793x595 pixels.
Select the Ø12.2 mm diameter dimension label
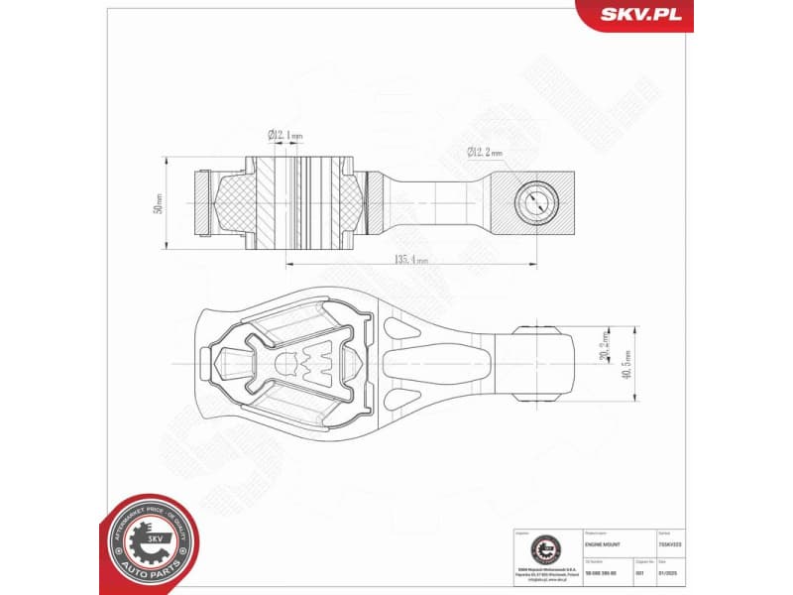[485, 152]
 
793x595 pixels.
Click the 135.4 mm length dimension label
[411, 260]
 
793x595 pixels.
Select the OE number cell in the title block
[607, 573]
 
